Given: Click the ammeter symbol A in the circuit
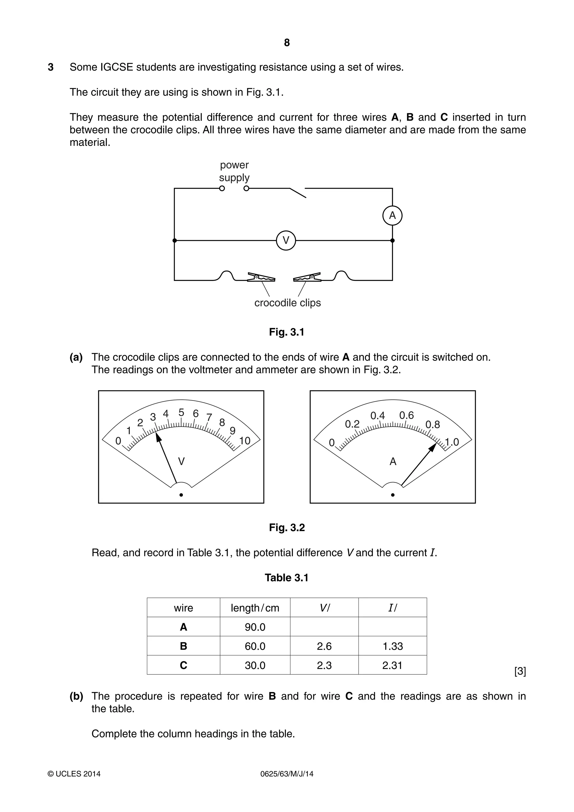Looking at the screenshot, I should coord(392,215).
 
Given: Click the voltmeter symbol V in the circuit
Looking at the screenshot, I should coord(286,240).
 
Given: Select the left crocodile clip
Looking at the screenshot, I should coord(261,277).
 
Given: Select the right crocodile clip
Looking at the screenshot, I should coord(307,277).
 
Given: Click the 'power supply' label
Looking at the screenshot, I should coord(234,171).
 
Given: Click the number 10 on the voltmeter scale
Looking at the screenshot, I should coord(245,441).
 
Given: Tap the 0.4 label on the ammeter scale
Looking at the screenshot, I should coord(377,416).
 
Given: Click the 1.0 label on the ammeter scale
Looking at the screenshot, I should coord(452,442).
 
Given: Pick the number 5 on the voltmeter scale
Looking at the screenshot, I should coord(181,412).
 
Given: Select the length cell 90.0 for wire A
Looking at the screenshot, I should coord(255,627).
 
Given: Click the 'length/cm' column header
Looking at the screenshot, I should coord(255,608).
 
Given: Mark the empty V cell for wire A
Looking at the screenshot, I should coord(324,627).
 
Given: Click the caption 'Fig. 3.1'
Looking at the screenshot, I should coord(286,332).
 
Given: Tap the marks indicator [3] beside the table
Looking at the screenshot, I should coord(520,671).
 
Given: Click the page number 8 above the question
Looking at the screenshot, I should coord(287,43).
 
